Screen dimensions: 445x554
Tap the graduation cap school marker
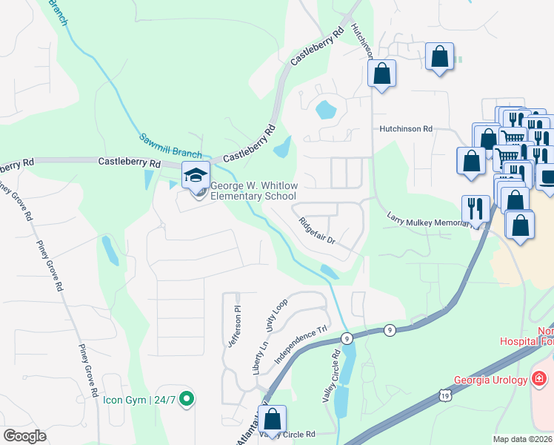(196, 177)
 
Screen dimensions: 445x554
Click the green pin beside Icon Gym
(187, 400)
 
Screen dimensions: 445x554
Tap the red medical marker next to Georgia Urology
(540, 380)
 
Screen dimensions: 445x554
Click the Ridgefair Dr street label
(318, 230)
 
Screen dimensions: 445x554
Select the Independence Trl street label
(302, 340)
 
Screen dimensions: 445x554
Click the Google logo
(24, 436)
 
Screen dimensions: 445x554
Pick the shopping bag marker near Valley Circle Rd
(272, 419)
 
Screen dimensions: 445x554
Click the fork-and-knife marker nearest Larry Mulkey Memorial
(473, 208)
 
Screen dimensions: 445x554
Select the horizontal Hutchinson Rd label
(405, 128)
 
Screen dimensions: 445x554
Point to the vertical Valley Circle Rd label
(329, 376)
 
